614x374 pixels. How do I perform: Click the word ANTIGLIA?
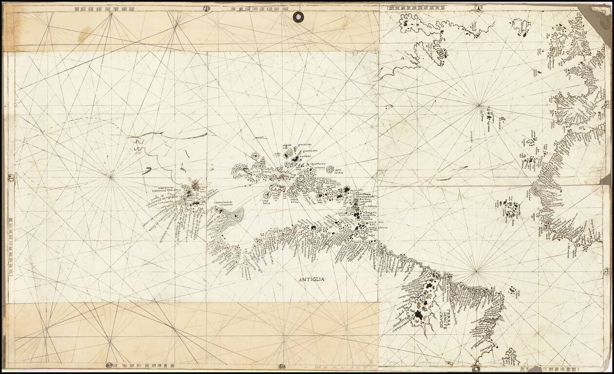coord(311,279)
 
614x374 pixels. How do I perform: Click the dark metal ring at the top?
coord(298,17)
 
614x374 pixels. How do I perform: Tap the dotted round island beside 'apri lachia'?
coord(330,170)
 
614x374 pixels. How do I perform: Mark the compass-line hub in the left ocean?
coord(111,177)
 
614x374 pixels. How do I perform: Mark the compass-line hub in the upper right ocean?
coord(480,104)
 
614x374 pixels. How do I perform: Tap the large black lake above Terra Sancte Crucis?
coord(419,316)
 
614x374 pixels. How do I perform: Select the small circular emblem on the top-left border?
coord(206,8)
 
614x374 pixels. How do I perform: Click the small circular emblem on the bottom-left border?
coord(109,365)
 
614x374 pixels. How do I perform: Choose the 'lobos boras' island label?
coord(266,200)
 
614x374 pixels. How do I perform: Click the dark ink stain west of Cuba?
coord(196,184)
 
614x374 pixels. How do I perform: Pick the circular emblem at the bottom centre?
coord(282,366)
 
